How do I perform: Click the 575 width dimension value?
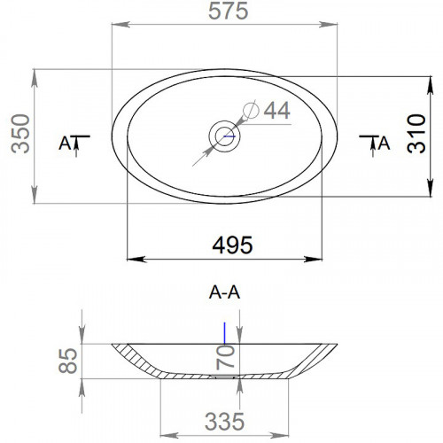tap(228, 12)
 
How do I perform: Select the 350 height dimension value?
tap(20, 134)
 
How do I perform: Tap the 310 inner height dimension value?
tap(416, 134)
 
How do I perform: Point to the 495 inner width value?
tap(232, 245)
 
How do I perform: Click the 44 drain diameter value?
tap(276, 110)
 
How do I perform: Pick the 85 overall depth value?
tap(68, 361)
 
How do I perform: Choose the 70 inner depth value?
tap(225, 358)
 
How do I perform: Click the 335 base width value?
tap(224, 422)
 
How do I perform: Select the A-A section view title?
tap(224, 292)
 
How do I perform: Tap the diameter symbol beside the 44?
tap(251, 110)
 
